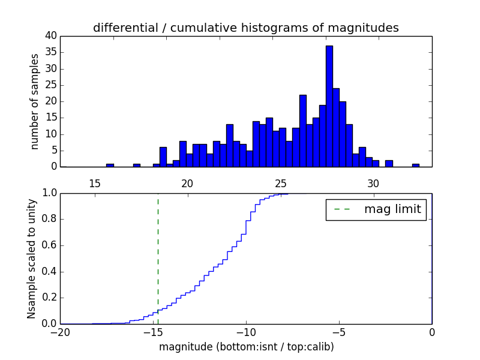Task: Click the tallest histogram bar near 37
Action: (329, 106)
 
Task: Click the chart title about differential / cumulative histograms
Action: (245, 28)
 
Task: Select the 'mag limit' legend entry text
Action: (392, 209)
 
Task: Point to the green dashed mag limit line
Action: (158, 252)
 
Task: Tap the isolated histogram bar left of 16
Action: (110, 165)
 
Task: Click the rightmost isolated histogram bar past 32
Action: (415, 165)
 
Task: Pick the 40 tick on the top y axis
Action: (50, 36)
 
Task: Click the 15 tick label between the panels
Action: (94, 183)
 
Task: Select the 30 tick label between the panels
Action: (373, 183)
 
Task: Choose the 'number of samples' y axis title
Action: (35, 101)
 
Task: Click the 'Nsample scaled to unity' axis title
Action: (31, 258)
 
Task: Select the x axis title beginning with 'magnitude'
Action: (246, 347)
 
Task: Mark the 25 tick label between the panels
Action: (280, 183)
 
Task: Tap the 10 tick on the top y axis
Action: (50, 134)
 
